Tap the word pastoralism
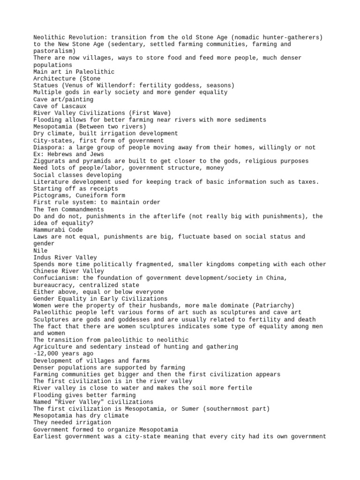click(52, 51)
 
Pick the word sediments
click(249, 120)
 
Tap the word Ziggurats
click(51, 161)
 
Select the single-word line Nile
click(40, 251)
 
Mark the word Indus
click(42, 257)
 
